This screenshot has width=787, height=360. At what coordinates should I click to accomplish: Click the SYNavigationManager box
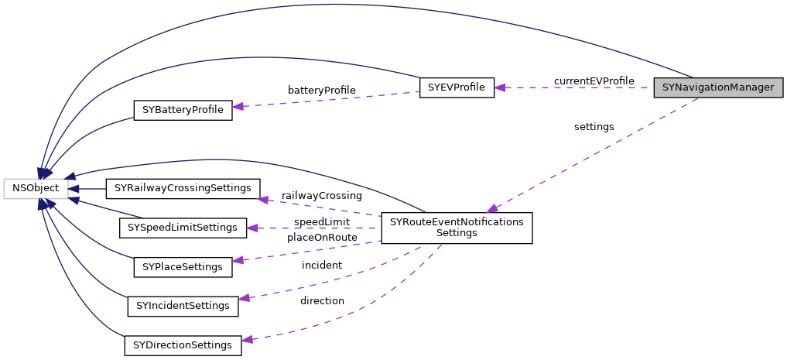718,87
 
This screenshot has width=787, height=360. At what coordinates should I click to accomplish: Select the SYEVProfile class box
456,87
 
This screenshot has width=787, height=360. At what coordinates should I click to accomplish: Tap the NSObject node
35,188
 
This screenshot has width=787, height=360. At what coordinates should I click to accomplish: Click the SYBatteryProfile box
183,110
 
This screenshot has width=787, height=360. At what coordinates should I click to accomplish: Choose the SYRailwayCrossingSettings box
183,188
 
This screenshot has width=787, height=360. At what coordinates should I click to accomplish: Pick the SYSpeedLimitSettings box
182,228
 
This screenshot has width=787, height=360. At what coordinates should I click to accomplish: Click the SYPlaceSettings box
183,267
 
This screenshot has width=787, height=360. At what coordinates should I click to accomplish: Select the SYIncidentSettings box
183,306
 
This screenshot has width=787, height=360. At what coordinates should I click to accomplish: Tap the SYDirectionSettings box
183,345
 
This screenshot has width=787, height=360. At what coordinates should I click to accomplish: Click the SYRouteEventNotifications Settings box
457,228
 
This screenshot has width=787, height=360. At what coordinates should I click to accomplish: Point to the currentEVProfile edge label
594,81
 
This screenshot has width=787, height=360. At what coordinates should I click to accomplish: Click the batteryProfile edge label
321,91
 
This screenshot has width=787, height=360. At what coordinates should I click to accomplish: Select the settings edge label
594,126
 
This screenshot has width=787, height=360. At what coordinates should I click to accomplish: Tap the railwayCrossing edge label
321,196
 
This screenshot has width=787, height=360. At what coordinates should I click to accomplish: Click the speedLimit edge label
321,222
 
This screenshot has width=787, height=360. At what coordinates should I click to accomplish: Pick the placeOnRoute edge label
322,237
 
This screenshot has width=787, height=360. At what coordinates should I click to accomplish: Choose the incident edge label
321,266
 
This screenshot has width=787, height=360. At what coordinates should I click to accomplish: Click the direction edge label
322,300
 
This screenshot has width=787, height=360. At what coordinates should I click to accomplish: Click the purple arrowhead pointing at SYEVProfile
500,87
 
